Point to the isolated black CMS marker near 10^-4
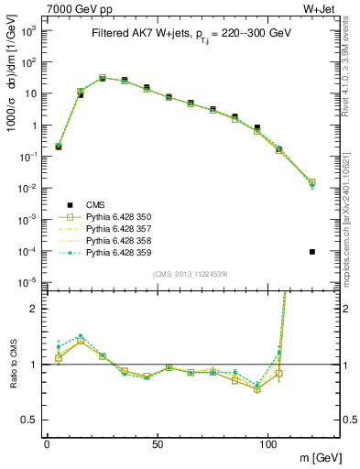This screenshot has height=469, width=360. [312, 251]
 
